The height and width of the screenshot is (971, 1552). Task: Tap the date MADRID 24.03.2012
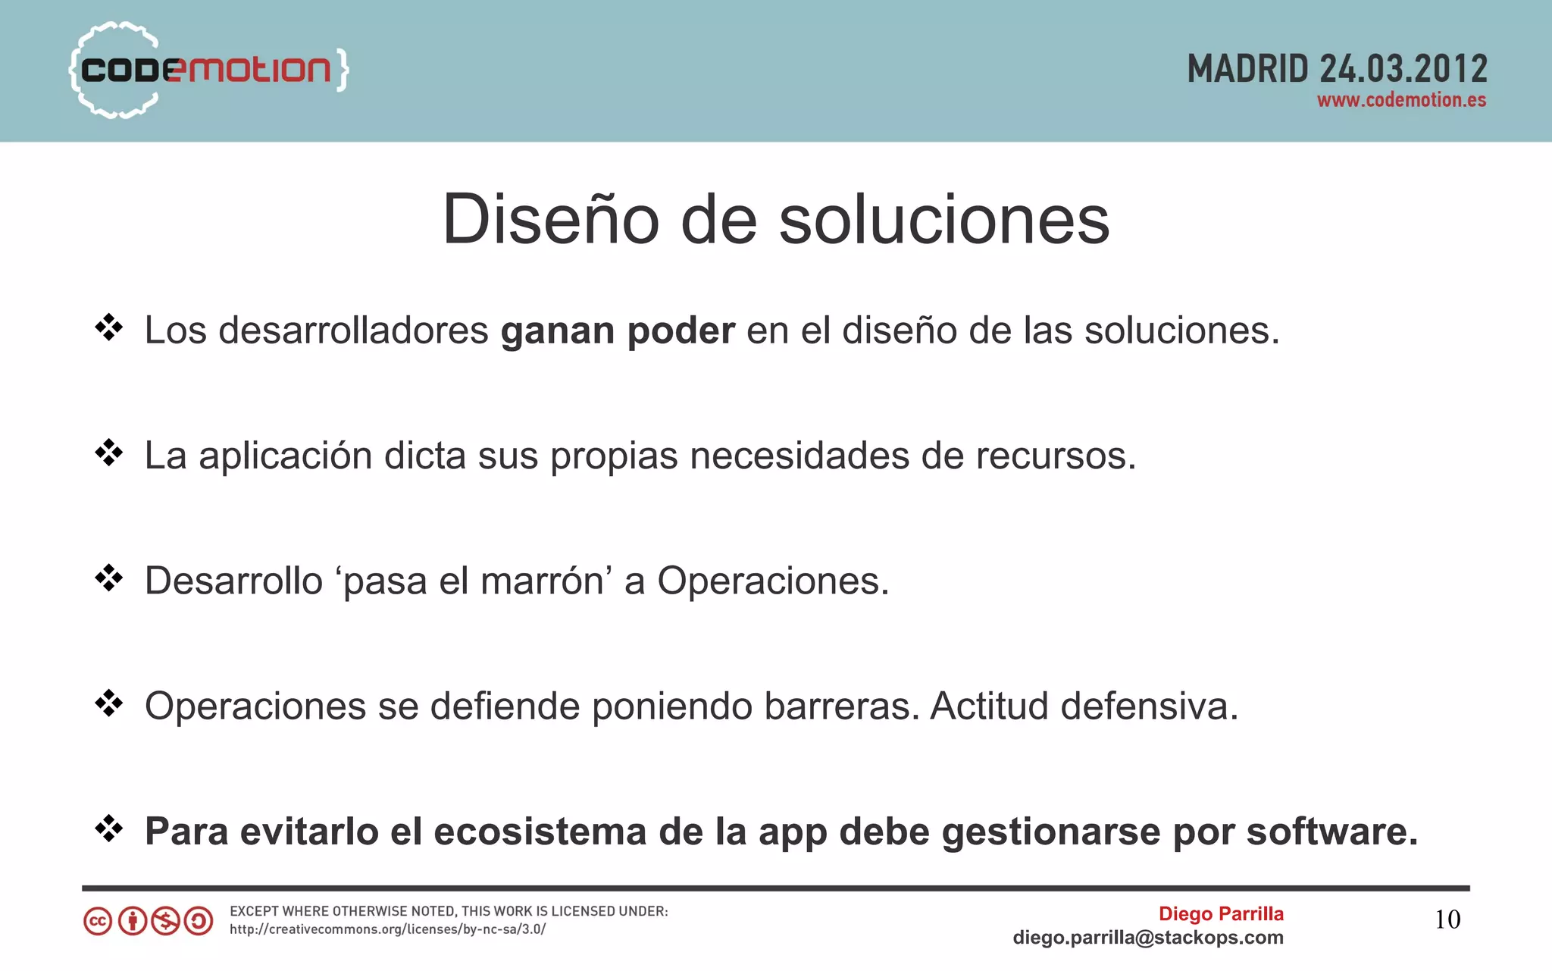(1337, 69)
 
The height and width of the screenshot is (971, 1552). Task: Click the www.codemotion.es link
(1401, 100)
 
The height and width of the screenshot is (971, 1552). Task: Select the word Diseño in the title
(550, 219)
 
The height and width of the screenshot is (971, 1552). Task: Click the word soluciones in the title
(944, 219)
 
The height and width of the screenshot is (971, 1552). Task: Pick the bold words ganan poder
(617, 330)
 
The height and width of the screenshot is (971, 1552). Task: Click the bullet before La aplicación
(109, 453)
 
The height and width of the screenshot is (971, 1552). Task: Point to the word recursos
(1055, 456)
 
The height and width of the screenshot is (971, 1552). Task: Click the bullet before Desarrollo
(109, 578)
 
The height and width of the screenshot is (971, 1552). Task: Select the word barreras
(841, 706)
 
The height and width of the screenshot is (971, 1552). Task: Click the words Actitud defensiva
(1084, 706)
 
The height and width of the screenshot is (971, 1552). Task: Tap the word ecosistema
(540, 832)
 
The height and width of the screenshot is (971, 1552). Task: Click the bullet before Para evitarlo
(109, 828)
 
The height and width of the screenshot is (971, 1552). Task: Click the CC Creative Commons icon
(98, 922)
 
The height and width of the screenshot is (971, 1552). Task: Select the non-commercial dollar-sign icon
(165, 922)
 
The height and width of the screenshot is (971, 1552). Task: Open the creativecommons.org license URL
(387, 929)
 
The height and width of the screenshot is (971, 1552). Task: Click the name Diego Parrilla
(1220, 913)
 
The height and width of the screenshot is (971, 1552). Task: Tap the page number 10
(1447, 919)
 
